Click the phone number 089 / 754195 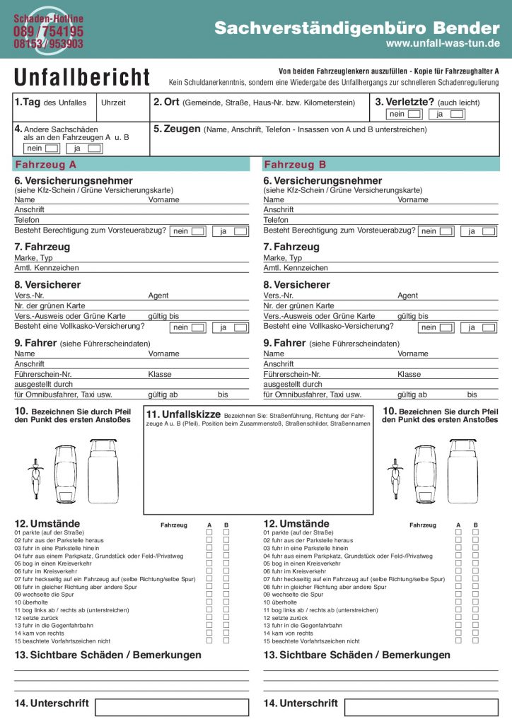48,32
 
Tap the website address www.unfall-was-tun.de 443,43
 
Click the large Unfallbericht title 82,77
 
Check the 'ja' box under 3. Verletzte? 457,114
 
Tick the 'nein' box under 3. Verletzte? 414,114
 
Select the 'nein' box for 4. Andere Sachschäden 52,148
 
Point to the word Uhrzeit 113,103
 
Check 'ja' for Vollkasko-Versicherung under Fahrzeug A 240,327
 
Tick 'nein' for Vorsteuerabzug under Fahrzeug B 446,231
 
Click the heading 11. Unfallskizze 182,414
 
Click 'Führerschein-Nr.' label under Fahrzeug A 43,375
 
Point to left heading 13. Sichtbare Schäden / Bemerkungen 107,655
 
